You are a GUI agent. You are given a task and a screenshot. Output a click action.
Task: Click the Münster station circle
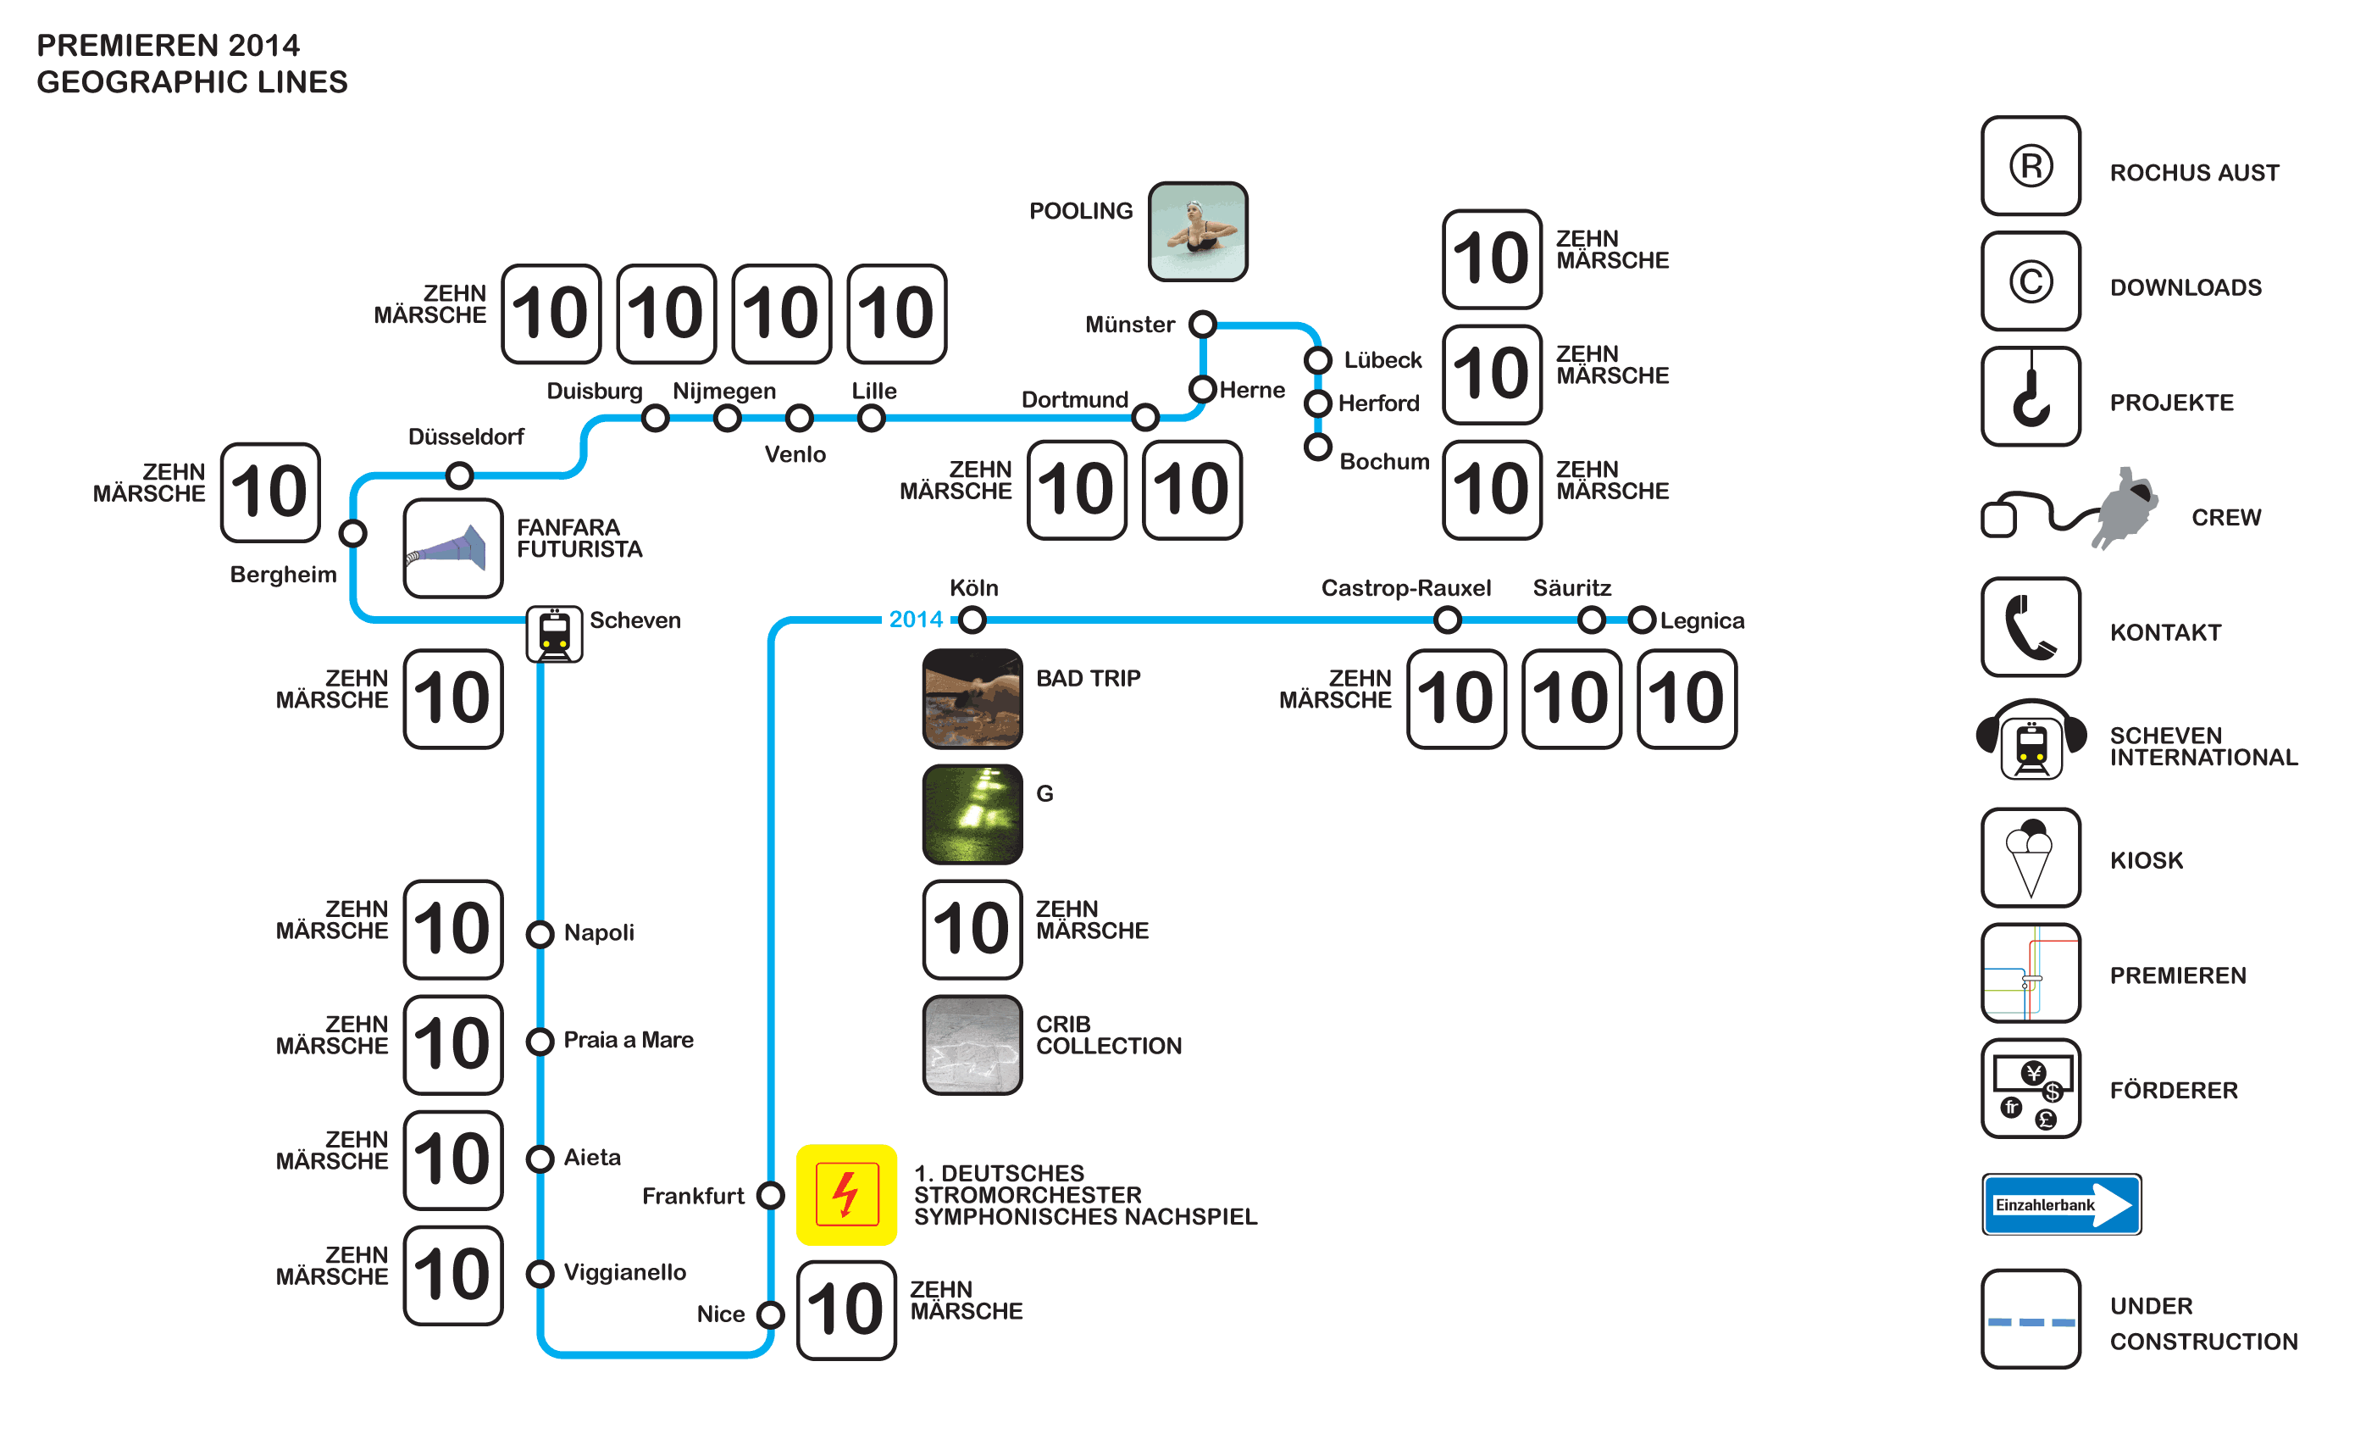point(1202,325)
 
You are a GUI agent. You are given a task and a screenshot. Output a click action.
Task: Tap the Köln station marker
point(972,620)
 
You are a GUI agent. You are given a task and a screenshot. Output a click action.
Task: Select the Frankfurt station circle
point(770,1196)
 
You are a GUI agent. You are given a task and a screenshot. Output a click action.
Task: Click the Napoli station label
point(599,933)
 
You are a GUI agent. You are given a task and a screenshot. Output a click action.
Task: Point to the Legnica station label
point(1702,620)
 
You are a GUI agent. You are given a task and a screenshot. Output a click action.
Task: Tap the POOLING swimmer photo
point(1197,231)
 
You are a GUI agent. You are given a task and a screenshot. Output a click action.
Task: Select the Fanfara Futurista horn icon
point(452,548)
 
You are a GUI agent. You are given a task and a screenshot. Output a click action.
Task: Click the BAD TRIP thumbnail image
point(972,698)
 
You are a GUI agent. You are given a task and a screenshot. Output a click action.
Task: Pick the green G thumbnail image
point(972,814)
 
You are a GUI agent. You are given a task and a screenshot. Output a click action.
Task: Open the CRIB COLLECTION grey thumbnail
point(972,1045)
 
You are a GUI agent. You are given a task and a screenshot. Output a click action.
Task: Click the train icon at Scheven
point(554,634)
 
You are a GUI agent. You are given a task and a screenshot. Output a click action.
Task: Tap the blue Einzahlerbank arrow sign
point(2062,1204)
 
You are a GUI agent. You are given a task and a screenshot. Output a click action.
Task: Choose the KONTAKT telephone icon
point(2031,627)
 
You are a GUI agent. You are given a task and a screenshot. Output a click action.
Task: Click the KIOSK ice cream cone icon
point(2031,858)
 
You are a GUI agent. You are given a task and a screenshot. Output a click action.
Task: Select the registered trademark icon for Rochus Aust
point(2031,166)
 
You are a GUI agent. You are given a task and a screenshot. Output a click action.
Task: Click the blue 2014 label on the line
point(916,620)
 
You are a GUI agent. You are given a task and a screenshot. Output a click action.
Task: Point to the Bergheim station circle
point(353,532)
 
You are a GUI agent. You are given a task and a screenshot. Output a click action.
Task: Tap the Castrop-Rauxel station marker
point(1447,620)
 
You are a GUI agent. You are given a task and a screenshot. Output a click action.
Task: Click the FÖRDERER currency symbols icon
point(2031,1088)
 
